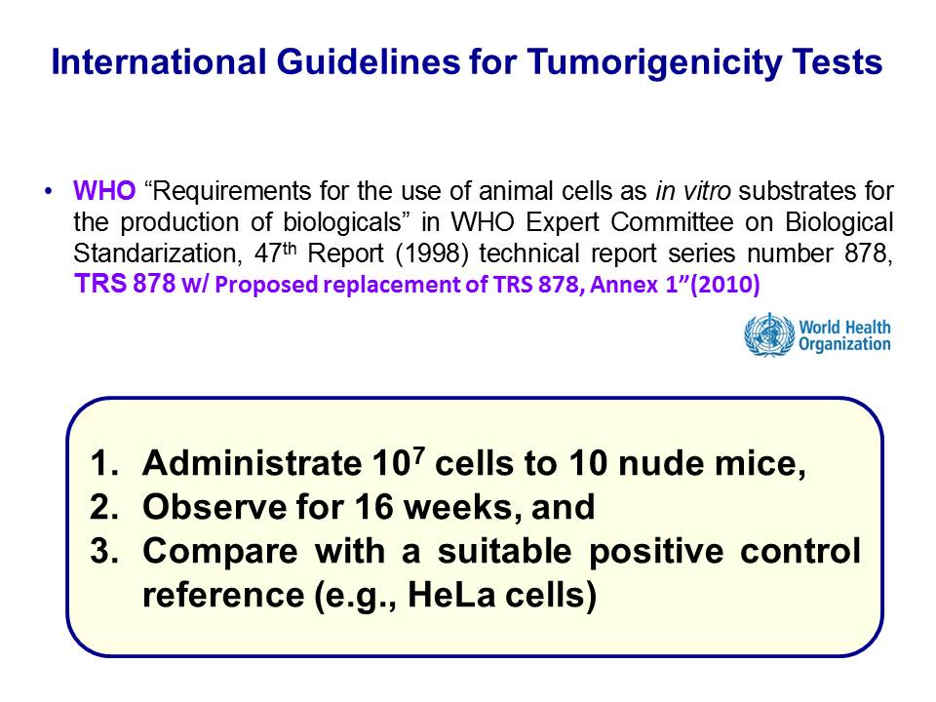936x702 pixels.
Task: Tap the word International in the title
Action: coord(159,61)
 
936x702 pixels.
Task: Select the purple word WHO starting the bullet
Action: coord(104,191)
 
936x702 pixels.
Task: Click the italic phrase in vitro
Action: coord(693,191)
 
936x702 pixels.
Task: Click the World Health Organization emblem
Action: coord(769,334)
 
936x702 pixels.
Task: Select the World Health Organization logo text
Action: coord(844,335)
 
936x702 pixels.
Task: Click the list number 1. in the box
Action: coord(105,463)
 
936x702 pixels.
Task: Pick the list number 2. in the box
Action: coord(105,507)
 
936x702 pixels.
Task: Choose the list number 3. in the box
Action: coord(105,550)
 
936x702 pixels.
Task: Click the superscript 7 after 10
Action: coord(419,454)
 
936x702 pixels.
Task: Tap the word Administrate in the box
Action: coord(252,463)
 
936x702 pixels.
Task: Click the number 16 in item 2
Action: coord(373,507)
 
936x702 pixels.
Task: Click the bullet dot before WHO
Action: coord(49,192)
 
